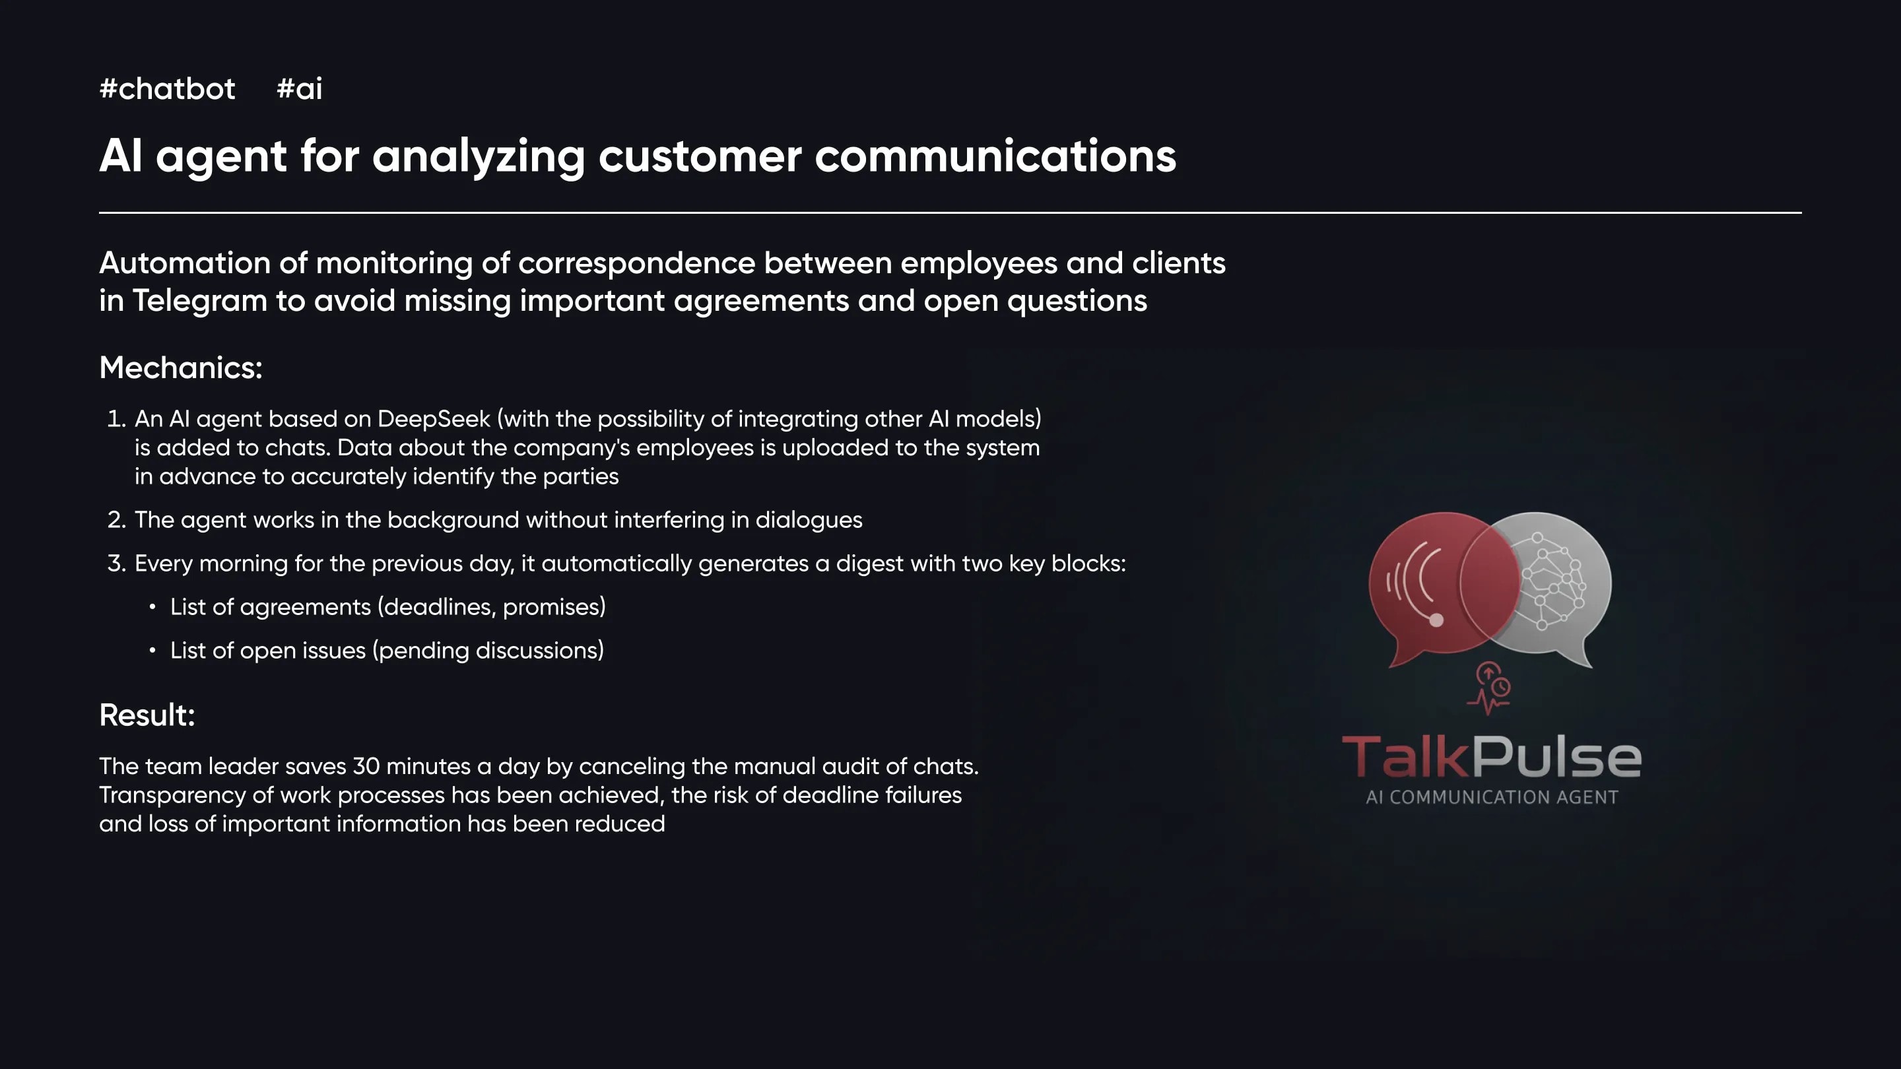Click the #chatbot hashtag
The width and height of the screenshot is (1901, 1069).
168,88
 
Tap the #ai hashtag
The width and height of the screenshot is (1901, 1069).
300,88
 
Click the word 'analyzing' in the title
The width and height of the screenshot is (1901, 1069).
478,156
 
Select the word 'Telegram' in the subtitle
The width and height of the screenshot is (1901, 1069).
200,301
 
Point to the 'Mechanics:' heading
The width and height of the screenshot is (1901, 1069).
181,368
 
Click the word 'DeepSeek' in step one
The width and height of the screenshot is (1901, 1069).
434,418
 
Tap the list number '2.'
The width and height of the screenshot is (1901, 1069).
117,519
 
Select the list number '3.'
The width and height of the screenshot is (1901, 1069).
117,563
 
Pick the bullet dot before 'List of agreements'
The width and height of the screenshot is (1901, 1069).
152,606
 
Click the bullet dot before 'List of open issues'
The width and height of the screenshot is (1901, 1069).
152,650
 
